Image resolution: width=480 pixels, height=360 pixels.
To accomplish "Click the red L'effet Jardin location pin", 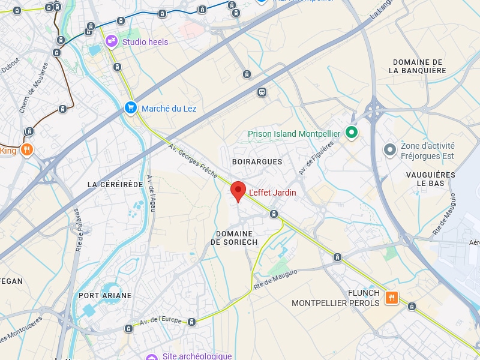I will [238, 191].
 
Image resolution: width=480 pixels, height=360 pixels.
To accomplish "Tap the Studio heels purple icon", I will [111, 41].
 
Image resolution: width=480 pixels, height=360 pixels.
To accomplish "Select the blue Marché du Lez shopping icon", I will [130, 108].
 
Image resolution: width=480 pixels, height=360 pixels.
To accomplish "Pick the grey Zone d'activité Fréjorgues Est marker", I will [390, 149].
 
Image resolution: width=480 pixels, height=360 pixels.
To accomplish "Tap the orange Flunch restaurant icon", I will [391, 298].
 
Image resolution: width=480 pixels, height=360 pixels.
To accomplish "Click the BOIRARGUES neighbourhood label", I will [257, 162].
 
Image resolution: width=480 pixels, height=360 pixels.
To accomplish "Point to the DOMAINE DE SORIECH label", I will [234, 238].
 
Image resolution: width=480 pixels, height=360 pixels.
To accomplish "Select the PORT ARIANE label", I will [105, 295].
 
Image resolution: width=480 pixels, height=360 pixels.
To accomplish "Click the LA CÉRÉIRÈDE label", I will [115, 184].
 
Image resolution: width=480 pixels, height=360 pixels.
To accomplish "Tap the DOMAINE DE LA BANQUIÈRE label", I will [418, 66].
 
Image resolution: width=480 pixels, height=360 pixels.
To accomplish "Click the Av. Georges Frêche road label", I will [193, 161].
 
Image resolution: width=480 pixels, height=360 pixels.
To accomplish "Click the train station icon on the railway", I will [262, 92].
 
